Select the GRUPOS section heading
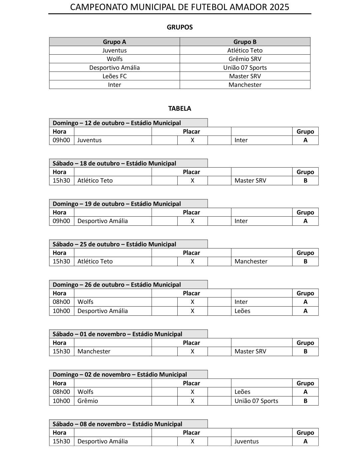tap(180, 27)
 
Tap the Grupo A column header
tap(114, 42)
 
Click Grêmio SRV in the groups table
tap(245, 59)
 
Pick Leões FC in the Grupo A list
tap(114, 76)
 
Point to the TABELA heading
tap(180, 108)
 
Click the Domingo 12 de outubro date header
tap(117, 123)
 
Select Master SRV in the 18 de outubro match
tap(250, 181)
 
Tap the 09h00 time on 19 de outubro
tap(61, 221)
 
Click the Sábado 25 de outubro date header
tap(114, 244)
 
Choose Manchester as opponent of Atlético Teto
tap(251, 261)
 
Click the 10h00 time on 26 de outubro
tap(61, 311)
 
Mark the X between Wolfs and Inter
tap(192, 302)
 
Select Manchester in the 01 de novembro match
tap(94, 351)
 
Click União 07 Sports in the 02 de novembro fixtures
tap(256, 401)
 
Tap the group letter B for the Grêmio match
tap(305, 401)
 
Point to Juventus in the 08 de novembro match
tap(246, 441)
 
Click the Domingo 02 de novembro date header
tap(120, 375)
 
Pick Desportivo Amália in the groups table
tap(114, 68)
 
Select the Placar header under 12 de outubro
tap(191, 132)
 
